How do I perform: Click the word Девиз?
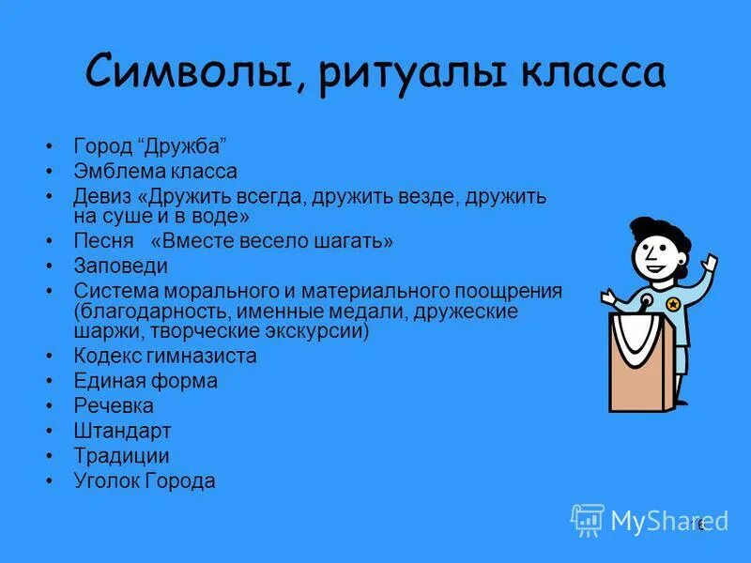coord(103,196)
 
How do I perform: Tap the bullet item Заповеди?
coord(120,266)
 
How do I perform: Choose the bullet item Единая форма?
coord(146,381)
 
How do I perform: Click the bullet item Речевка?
coord(114,406)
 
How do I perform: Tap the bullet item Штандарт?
coord(122,432)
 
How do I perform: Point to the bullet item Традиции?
coord(121,456)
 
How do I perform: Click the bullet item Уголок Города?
coord(145,481)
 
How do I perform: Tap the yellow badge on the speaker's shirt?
coord(672,304)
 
